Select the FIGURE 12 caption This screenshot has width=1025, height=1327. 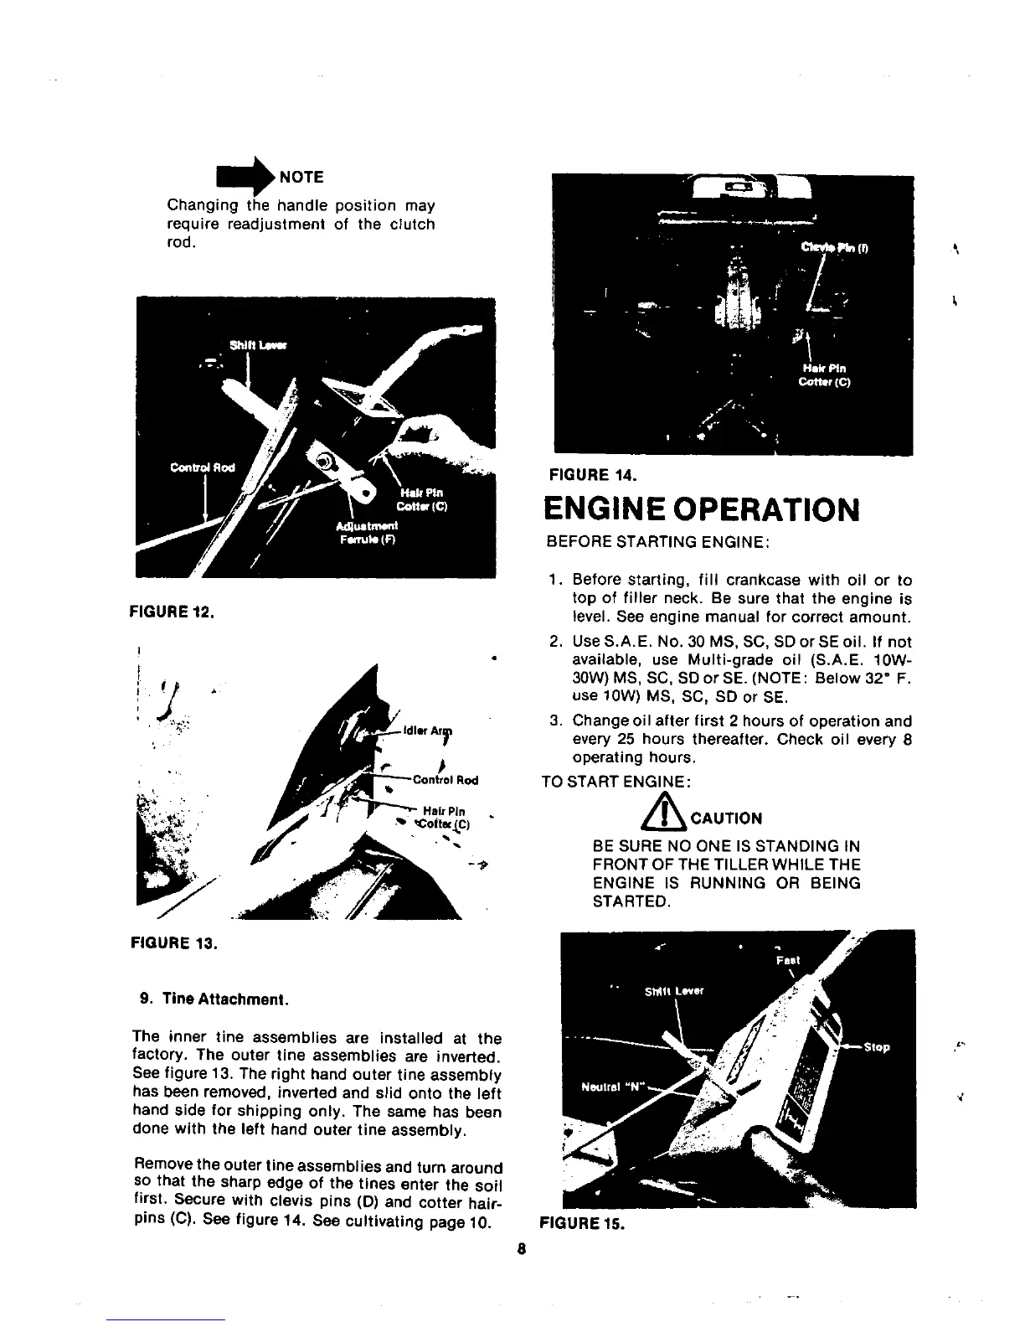173,611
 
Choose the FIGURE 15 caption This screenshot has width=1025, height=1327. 584,1223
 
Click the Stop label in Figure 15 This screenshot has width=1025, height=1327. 877,1046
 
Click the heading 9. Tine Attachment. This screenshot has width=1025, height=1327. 214,999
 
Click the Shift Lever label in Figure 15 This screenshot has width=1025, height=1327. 674,991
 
